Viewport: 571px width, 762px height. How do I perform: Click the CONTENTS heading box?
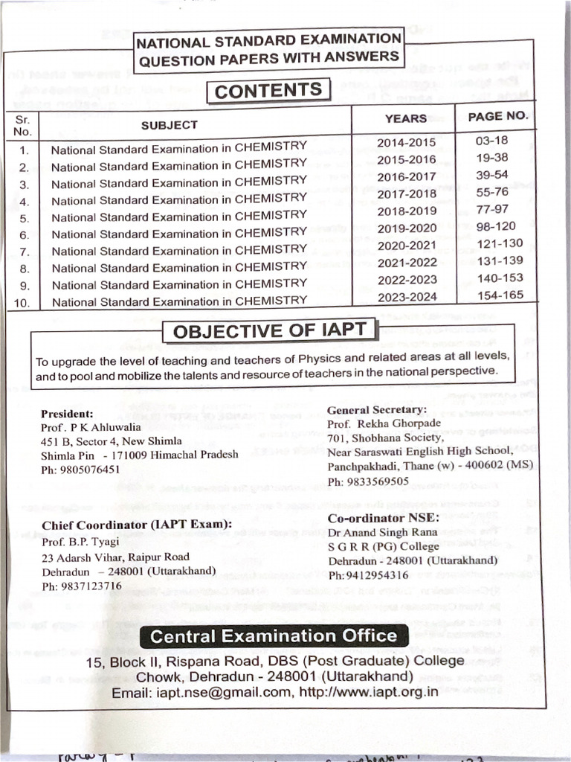(268, 91)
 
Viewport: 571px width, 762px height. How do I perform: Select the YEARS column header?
(405, 118)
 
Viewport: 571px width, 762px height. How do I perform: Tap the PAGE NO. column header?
(498, 116)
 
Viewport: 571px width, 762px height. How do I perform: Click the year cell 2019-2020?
(407, 228)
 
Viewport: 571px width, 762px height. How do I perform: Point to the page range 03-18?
(491, 140)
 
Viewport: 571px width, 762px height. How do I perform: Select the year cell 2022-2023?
(407, 280)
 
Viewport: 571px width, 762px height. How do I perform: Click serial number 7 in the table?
(24, 252)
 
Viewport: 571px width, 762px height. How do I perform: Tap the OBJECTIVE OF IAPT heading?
(269, 331)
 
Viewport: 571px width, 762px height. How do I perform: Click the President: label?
(67, 414)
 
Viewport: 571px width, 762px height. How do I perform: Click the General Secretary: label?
(377, 409)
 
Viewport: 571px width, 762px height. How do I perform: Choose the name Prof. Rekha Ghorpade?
(384, 423)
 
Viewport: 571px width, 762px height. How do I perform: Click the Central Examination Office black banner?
(274, 636)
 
